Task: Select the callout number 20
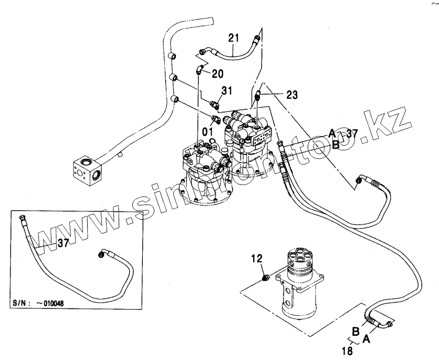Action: [217, 74]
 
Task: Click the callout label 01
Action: [208, 130]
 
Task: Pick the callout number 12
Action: [256, 258]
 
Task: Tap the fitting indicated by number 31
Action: [214, 104]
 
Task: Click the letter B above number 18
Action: [356, 332]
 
